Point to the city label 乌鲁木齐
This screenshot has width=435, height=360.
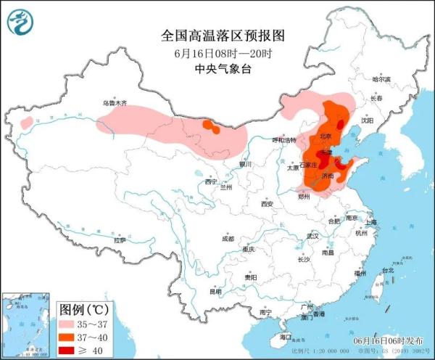115,104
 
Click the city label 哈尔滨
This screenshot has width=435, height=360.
381,78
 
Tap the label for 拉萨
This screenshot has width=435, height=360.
120,240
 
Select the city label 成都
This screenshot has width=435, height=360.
228,238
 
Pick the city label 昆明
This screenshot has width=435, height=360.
215,292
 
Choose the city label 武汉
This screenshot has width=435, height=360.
312,236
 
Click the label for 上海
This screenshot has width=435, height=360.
370,222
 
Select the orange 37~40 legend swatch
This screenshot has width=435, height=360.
70,335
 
